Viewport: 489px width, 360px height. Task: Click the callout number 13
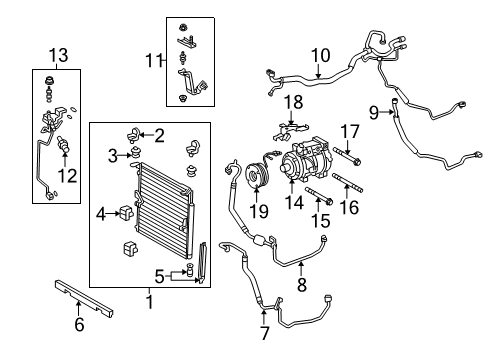click(59, 55)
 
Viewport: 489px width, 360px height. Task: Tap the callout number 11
click(154, 61)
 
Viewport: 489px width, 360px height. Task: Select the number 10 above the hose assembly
click(321, 55)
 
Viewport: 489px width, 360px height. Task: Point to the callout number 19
click(259, 211)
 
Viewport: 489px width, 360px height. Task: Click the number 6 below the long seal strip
click(79, 324)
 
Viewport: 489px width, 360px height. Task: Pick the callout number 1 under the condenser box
click(150, 302)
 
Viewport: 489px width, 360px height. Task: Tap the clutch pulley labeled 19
click(256, 175)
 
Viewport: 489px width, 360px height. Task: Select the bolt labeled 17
click(347, 156)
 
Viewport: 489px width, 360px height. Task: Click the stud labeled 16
click(347, 183)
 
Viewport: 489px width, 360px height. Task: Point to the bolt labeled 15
click(319, 196)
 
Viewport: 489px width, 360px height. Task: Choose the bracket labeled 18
click(291, 131)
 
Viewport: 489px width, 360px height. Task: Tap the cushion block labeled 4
click(126, 212)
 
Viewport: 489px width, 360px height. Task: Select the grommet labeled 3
click(135, 153)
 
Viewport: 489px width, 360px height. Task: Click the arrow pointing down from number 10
click(318, 72)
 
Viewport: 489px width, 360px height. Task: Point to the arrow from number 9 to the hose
click(388, 112)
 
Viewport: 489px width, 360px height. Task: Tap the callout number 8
click(301, 285)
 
